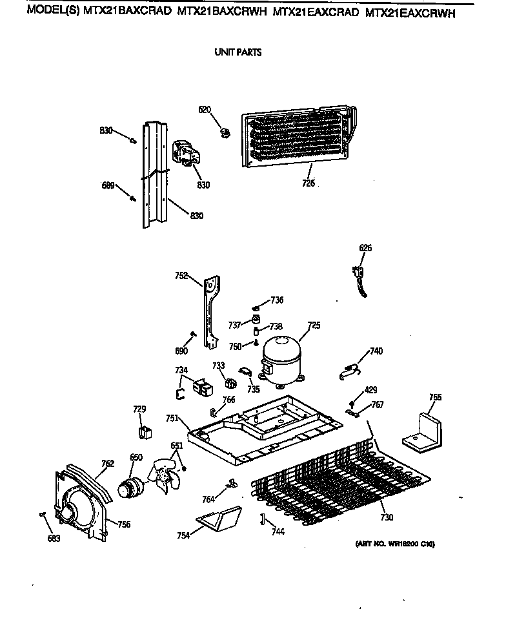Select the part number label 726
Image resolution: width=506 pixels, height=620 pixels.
pyautogui.click(x=308, y=183)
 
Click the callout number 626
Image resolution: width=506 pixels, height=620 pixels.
pyautogui.click(x=365, y=248)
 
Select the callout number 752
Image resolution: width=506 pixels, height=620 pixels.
pyautogui.click(x=181, y=276)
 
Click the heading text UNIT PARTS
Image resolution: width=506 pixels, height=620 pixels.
pyautogui.click(x=238, y=52)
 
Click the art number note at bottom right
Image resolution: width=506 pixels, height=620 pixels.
pyautogui.click(x=394, y=544)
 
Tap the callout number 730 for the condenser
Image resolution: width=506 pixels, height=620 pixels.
pyautogui.click(x=386, y=517)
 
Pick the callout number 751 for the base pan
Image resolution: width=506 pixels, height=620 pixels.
pyautogui.click(x=172, y=418)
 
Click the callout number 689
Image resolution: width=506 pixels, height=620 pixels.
pyautogui.click(x=108, y=186)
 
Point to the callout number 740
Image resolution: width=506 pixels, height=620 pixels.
pyautogui.click(x=376, y=351)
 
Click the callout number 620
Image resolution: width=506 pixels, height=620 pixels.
pyautogui.click(x=205, y=110)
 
